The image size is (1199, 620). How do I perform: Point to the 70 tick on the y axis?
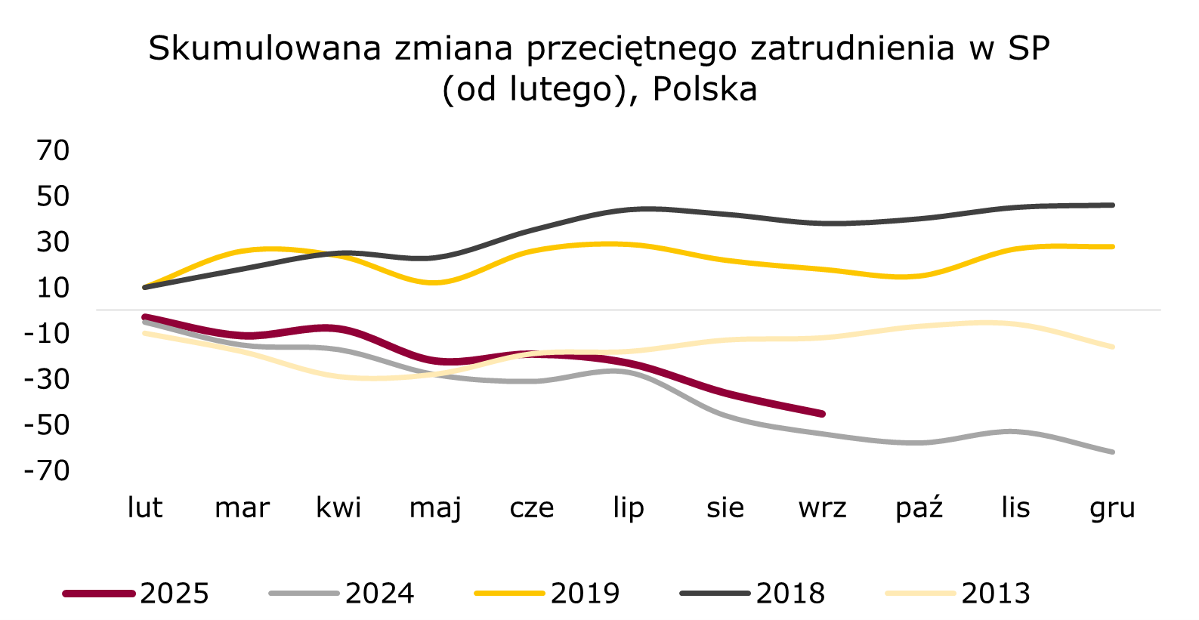pyautogui.click(x=53, y=150)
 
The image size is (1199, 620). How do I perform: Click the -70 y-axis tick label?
pyautogui.click(x=47, y=470)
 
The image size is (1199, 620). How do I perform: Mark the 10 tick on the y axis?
pyautogui.click(x=53, y=287)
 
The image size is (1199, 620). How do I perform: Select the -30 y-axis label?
pyautogui.click(x=47, y=379)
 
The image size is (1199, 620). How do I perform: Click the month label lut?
pyautogui.click(x=144, y=507)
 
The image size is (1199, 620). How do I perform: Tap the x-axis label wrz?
pyautogui.click(x=822, y=507)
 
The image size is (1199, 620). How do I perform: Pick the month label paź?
pyautogui.click(x=919, y=507)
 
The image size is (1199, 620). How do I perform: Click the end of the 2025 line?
pyautogui.click(x=822, y=414)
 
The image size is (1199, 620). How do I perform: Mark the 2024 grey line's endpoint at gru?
pyautogui.click(x=1113, y=452)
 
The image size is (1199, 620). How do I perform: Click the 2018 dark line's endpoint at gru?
pyautogui.click(x=1113, y=205)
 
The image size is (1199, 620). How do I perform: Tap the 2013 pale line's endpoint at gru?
pyautogui.click(x=1113, y=347)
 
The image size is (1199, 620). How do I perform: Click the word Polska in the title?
pyautogui.click(x=704, y=89)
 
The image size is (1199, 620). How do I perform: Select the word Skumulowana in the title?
pyautogui.click(x=265, y=48)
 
